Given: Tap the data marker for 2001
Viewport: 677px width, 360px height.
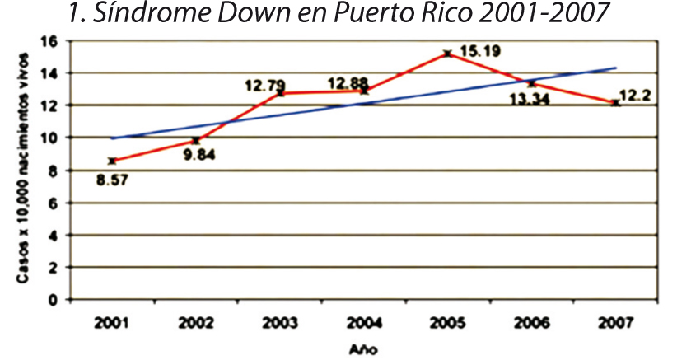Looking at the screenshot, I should pos(112,161).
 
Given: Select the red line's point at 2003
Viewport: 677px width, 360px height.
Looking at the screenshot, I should pos(280,93).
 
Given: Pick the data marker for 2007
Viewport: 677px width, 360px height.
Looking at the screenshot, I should pos(615,103).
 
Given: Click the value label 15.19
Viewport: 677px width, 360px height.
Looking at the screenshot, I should pos(480,52).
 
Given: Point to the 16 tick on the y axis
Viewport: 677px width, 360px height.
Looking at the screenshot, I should pos(50,41).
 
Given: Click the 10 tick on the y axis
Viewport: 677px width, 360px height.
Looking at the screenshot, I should pos(50,138).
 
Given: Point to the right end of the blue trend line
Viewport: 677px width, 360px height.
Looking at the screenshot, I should pos(615,68).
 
